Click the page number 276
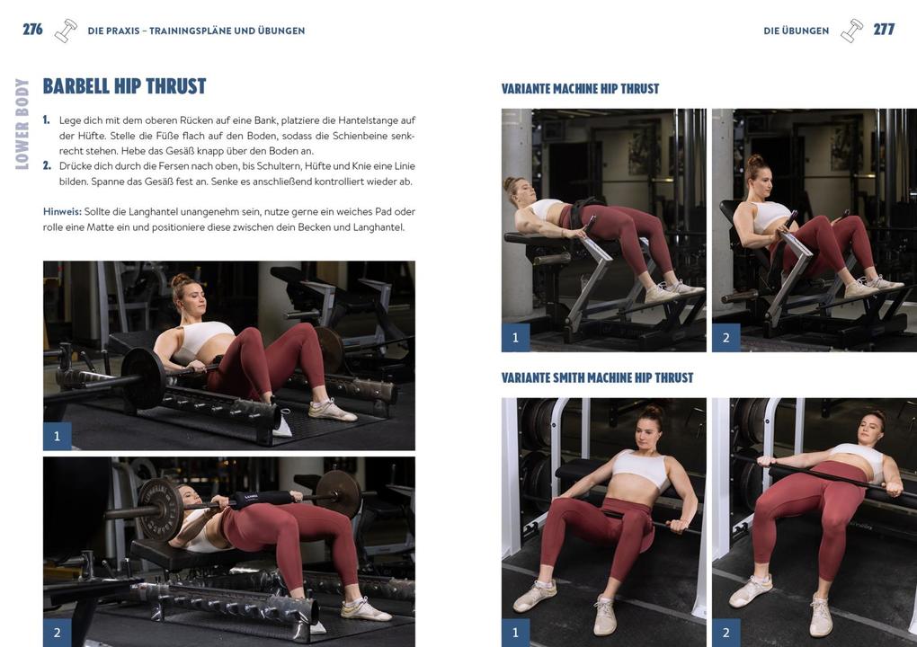click(32, 30)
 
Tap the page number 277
click(884, 30)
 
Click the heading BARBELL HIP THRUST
click(124, 86)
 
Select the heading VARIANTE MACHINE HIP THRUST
click(580, 89)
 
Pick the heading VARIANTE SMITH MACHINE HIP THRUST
click(597, 378)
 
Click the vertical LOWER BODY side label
click(22, 124)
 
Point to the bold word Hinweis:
click(62, 212)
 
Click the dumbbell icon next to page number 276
click(66, 31)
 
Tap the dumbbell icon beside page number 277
click(851, 31)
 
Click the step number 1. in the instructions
click(47, 120)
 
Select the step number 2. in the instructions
click(47, 166)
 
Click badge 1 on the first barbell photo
click(57, 436)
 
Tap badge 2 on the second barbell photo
click(57, 632)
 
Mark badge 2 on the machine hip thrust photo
click(726, 338)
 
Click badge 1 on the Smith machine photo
click(515, 632)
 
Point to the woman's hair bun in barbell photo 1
click(180, 281)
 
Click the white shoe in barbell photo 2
click(364, 609)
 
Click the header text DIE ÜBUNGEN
click(796, 31)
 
